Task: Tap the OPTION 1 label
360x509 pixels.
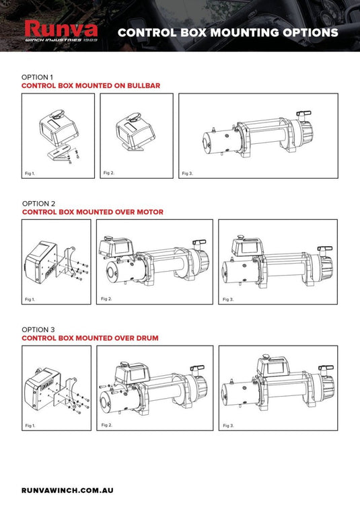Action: coord(37,77)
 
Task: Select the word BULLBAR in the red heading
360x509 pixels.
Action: coord(143,85)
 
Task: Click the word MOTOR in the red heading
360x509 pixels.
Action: coord(150,212)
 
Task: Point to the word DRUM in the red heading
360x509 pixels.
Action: coord(147,338)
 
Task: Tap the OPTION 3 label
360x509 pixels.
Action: coord(38,329)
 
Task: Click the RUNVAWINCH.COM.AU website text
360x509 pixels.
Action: coord(67,490)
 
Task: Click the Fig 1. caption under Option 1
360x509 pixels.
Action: coord(30,173)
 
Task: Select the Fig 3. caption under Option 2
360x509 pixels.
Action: coord(228,299)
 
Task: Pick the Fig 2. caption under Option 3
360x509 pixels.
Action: coord(106,425)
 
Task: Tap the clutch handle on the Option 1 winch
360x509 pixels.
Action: coord(303,114)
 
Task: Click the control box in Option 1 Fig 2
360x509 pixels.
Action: coord(135,129)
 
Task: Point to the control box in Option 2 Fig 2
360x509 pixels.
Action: coord(116,247)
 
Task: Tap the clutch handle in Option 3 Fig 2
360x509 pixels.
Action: coord(197,368)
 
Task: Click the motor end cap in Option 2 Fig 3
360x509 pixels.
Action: coord(224,274)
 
